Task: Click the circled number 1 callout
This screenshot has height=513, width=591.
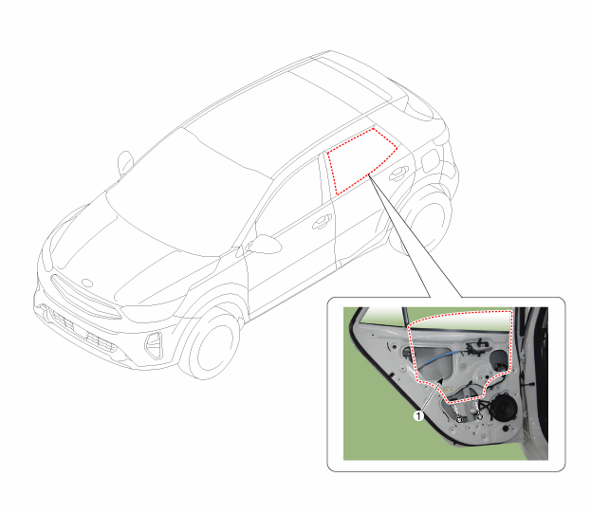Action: click(418, 416)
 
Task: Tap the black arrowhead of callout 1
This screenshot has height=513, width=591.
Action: click(440, 382)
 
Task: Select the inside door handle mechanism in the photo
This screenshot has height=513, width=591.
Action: click(477, 346)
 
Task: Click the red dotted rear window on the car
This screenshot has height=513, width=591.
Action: click(360, 161)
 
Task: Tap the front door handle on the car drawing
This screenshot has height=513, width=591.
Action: click(322, 222)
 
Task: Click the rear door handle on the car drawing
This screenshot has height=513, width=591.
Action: click(398, 173)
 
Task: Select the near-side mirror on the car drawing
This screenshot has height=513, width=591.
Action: click(264, 244)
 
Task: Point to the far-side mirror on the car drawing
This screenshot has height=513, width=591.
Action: click(125, 163)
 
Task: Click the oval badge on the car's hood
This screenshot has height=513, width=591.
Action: click(87, 283)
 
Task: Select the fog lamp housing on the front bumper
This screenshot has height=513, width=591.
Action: click(155, 345)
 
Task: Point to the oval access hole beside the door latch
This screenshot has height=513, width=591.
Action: click(498, 360)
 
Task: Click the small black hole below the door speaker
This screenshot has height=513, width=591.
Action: click(506, 429)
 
